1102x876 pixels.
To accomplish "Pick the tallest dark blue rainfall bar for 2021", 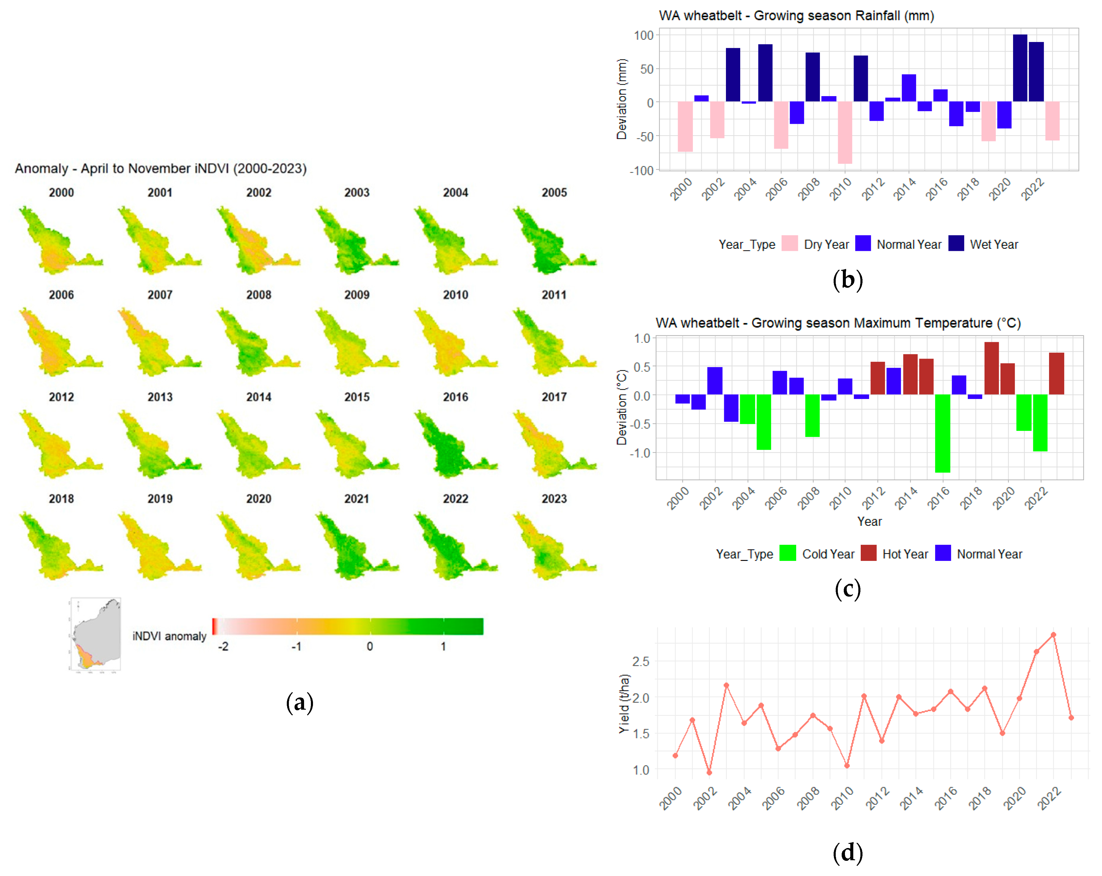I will [x=1020, y=68].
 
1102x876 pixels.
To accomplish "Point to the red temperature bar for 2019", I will [x=992, y=368].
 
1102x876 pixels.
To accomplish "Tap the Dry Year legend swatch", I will [x=790, y=244].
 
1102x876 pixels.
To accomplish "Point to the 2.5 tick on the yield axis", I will [x=641, y=661].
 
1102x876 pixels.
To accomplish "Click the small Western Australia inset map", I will [x=96, y=634].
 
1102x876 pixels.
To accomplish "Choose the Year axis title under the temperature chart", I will [x=869, y=521].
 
